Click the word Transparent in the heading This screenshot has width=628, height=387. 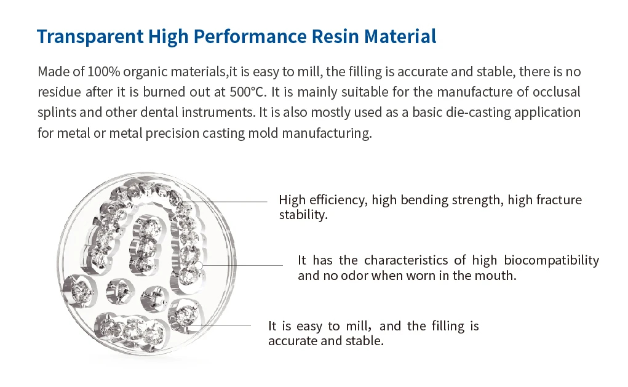click(90, 37)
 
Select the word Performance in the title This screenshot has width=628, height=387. click(250, 37)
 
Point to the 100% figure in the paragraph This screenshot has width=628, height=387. click(103, 72)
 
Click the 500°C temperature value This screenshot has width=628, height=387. click(248, 92)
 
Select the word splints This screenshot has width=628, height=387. click(57, 113)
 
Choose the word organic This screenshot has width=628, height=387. click(145, 73)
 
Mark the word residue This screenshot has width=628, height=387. click(59, 92)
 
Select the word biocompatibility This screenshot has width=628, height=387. click(551, 260)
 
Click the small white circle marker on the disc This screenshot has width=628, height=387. click(198, 265)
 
